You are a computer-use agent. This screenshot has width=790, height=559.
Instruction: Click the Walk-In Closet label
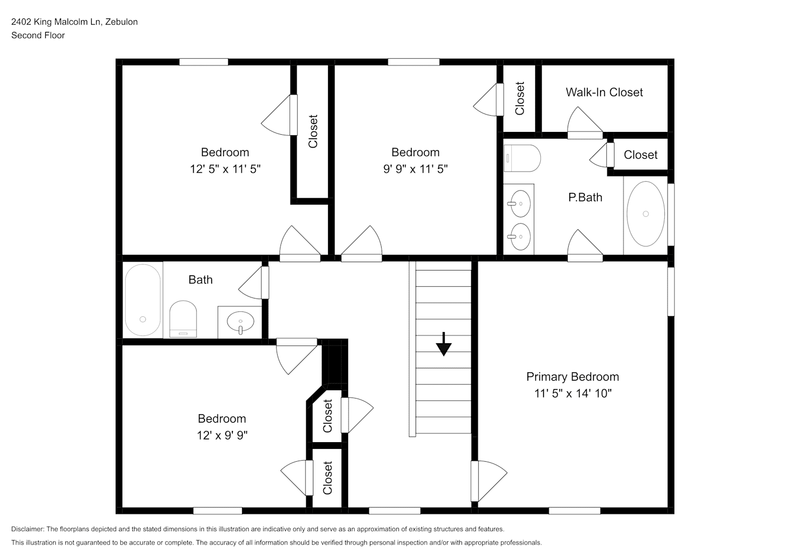coord(604,92)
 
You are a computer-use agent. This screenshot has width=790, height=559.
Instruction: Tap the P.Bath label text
coord(585,197)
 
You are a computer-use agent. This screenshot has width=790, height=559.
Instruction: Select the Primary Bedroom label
coord(573,377)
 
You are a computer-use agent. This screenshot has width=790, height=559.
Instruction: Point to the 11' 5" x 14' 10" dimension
coord(573,393)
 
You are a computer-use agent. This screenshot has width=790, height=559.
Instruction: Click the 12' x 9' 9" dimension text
coord(222,435)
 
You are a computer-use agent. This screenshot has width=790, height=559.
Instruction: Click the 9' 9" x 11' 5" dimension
coord(415,169)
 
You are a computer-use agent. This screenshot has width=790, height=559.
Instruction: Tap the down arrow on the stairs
coord(444,344)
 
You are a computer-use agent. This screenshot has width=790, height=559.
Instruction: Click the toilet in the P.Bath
coord(522,158)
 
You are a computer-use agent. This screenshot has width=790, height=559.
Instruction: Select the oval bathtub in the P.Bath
coord(646,214)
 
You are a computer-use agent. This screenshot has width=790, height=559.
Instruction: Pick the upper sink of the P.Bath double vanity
coord(520,203)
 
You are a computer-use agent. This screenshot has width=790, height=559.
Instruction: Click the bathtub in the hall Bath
coord(142,300)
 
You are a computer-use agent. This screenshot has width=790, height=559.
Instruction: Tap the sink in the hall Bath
coord(241,321)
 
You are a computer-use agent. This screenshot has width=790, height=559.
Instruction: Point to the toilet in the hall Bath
coord(183,319)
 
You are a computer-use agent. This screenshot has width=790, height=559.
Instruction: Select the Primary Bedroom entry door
coord(489,481)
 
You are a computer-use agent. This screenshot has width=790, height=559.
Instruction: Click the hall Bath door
coord(254,282)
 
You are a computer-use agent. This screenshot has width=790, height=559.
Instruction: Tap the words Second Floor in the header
coord(38,35)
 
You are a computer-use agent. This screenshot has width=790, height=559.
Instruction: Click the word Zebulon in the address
coord(122,22)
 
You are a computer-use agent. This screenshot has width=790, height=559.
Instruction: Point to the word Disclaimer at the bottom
coord(28,529)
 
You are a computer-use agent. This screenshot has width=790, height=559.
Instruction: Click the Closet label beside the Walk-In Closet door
coord(640,155)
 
